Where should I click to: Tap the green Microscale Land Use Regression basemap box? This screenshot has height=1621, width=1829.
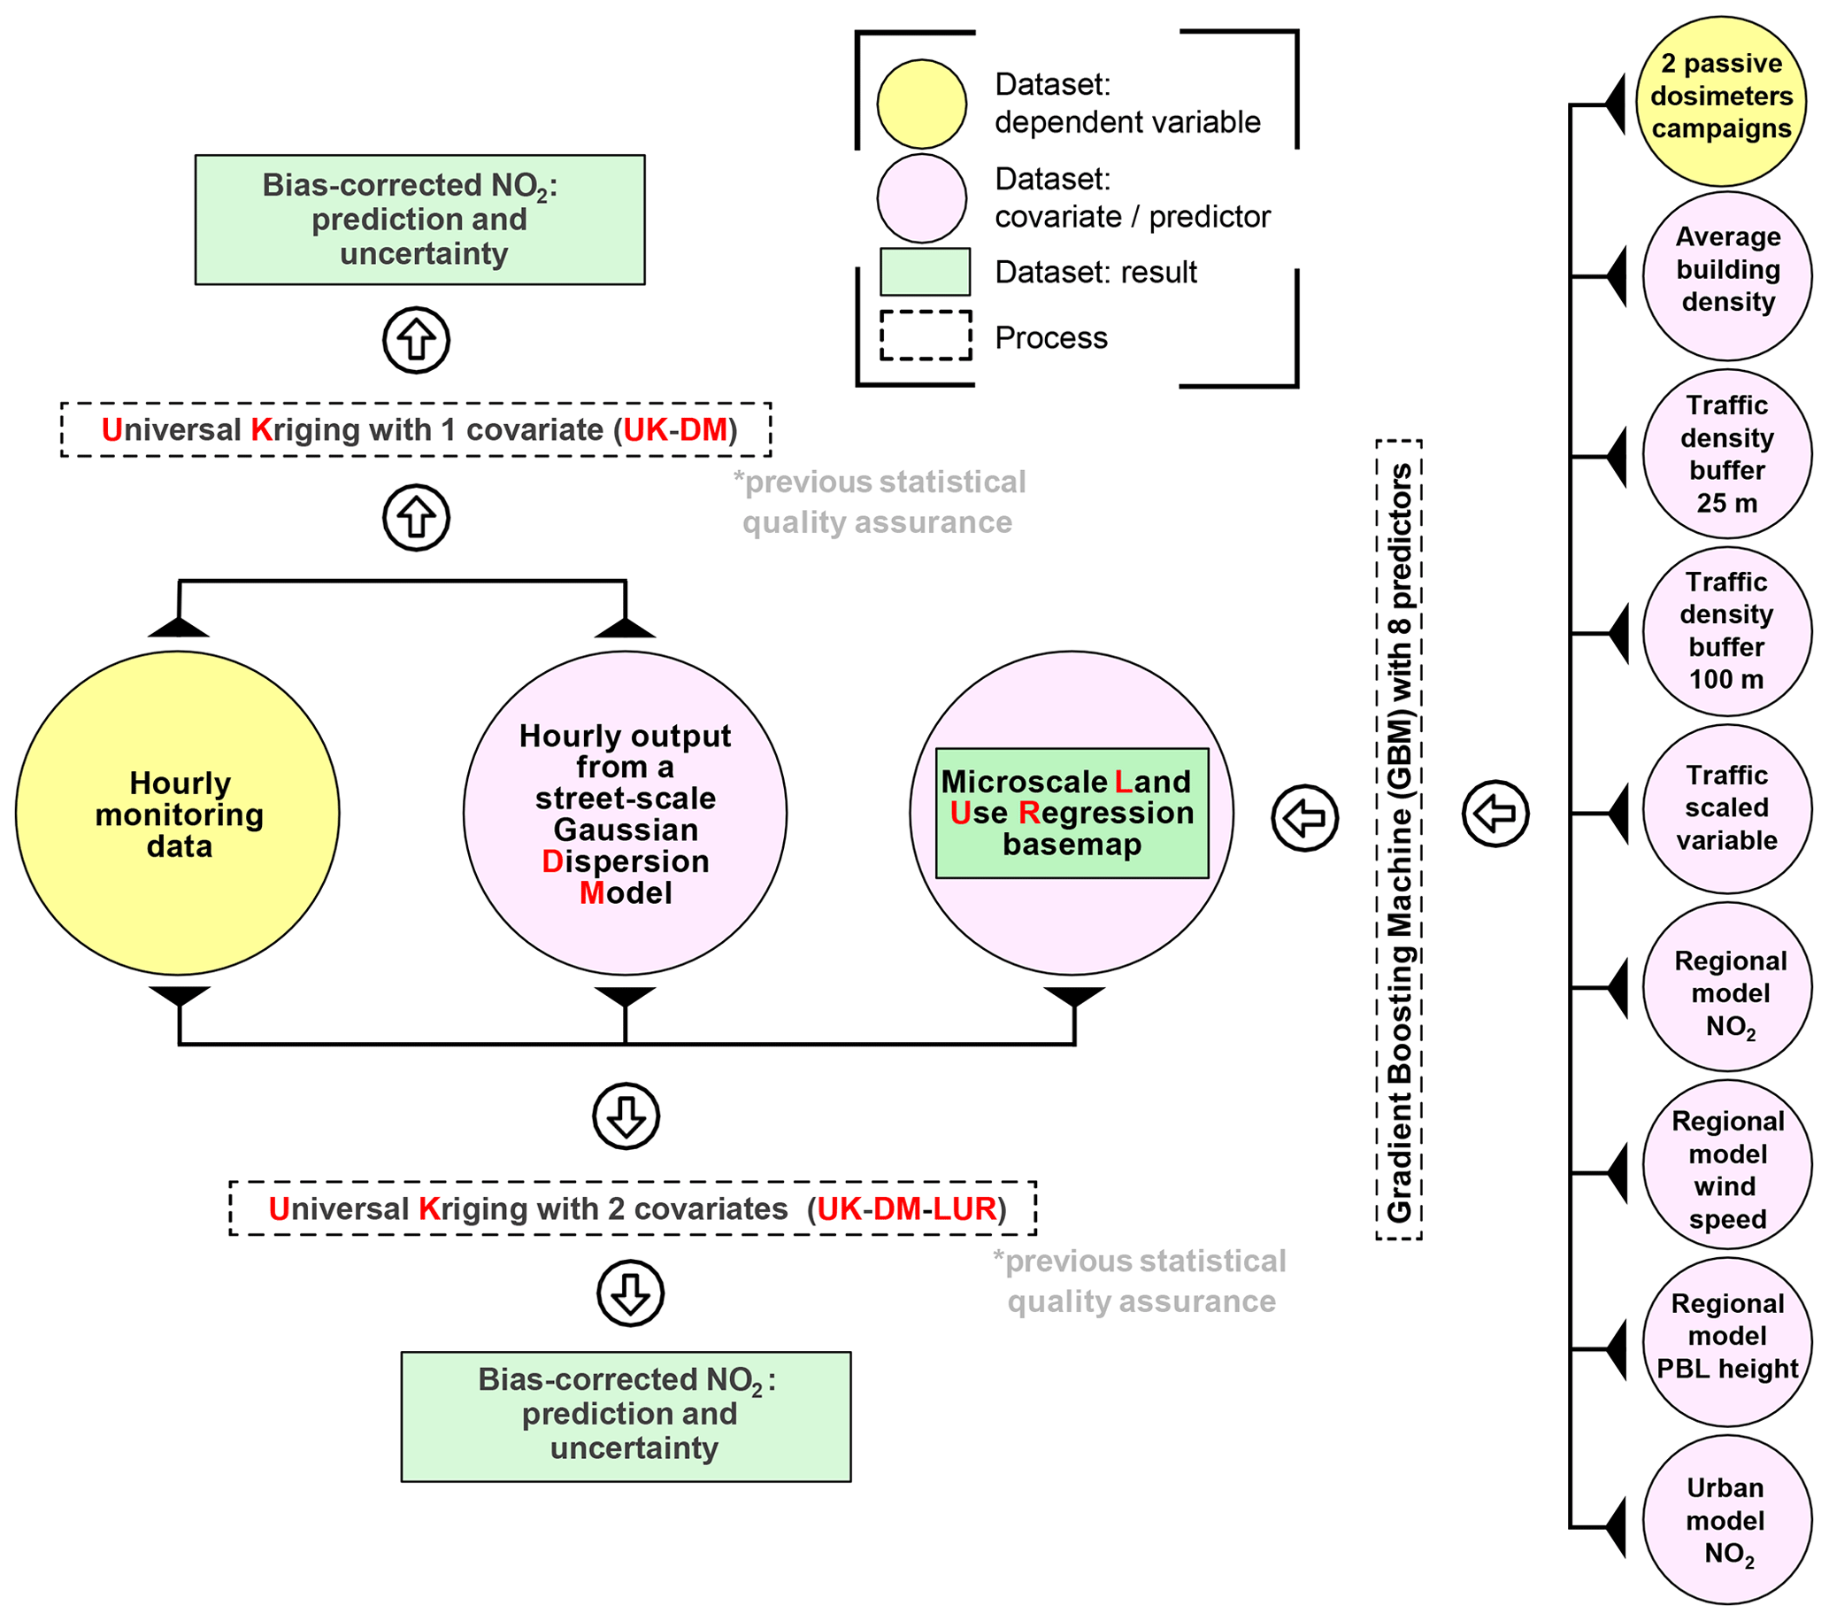coord(1072,813)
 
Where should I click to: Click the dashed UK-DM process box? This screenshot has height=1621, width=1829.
coord(416,429)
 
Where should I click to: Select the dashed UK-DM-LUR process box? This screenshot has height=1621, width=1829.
coord(633,1208)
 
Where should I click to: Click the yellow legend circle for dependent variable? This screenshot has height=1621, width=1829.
coord(922,104)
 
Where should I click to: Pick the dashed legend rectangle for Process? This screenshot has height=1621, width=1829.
coord(926,336)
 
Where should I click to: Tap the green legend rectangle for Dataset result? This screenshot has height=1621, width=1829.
coord(926,271)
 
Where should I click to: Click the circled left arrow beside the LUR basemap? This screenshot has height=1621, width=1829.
coord(1304,817)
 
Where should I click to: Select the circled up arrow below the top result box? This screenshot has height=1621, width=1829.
coord(416,340)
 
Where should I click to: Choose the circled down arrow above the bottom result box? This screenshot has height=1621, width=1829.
coord(630,1293)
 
